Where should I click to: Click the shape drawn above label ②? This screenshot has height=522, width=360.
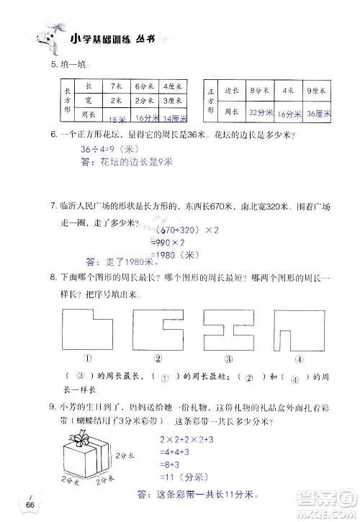[x=156, y=330]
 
